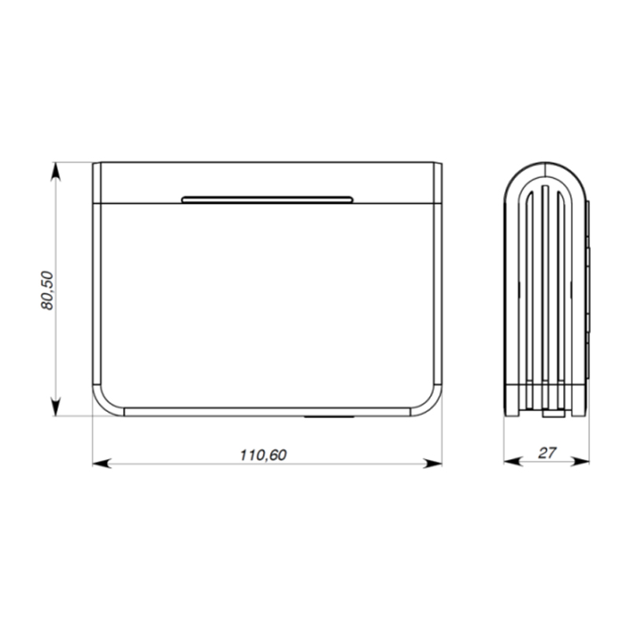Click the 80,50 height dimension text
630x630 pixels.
point(47,290)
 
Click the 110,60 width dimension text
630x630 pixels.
point(263,455)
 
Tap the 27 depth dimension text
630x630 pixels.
point(547,453)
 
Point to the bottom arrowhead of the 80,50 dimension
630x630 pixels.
point(56,406)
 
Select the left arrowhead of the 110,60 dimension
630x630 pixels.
point(102,464)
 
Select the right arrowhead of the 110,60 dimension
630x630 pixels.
point(432,464)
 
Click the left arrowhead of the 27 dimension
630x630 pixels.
point(513,462)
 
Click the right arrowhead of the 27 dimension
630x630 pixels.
point(580,462)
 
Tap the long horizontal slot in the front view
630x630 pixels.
point(267,200)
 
